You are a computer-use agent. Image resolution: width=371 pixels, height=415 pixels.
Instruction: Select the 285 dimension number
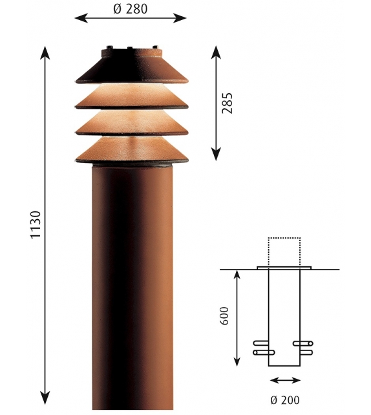227,103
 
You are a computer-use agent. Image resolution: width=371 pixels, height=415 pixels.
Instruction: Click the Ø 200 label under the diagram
284,400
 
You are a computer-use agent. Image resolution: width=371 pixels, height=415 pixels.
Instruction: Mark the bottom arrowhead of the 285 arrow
216,155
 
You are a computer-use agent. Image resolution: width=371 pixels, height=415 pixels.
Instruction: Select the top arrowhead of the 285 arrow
216,50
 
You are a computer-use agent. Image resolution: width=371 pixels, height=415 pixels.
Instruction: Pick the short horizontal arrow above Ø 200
284,380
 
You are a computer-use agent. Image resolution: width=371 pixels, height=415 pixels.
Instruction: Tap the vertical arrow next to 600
237,317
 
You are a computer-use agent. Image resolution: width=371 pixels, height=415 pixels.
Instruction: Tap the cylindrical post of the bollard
131,284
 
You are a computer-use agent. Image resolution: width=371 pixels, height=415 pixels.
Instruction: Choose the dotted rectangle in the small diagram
284,251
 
